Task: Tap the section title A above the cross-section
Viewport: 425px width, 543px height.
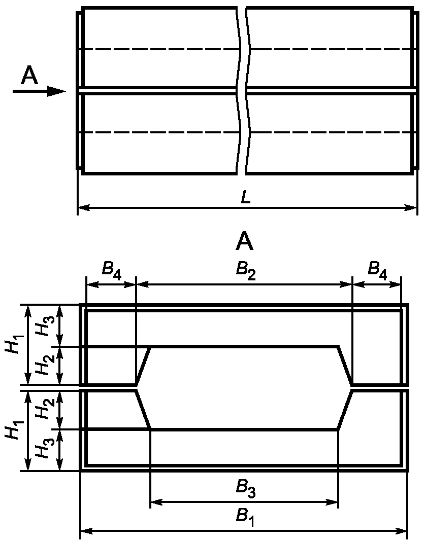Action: point(245,242)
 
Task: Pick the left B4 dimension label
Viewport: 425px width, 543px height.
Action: point(112,270)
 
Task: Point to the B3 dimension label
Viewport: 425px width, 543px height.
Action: point(246,490)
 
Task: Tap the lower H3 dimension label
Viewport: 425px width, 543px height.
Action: point(44,450)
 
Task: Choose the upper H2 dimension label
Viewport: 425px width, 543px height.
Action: point(44,365)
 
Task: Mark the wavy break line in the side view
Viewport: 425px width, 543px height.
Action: point(242,90)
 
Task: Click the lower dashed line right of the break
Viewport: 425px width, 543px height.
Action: point(330,132)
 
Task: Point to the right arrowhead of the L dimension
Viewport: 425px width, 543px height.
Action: point(411,207)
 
